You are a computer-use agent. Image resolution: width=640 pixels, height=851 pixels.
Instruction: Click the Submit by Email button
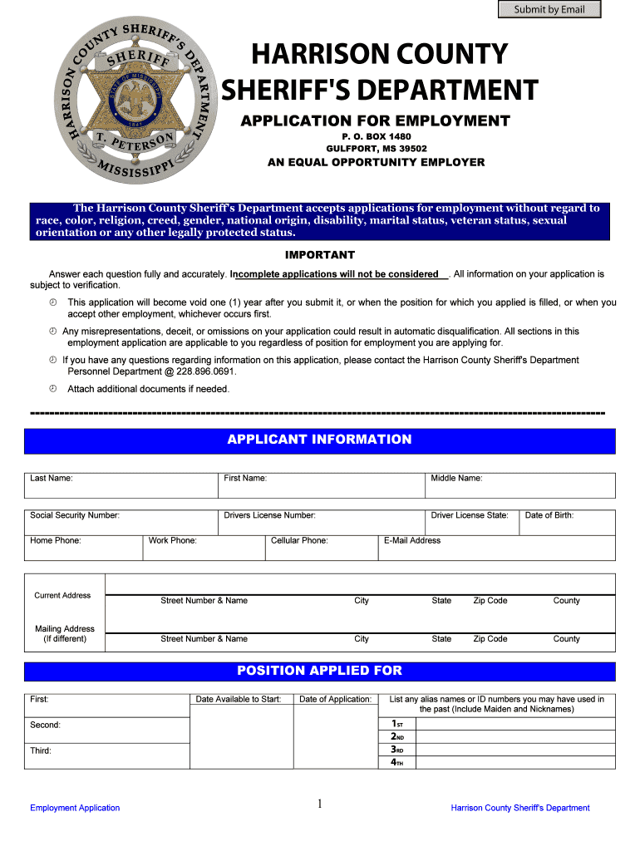[549, 10]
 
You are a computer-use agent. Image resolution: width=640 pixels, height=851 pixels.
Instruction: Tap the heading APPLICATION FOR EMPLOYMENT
[375, 121]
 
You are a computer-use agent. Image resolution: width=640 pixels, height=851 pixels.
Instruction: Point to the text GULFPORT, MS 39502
[376, 149]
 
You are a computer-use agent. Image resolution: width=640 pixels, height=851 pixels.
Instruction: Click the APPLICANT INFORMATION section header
[319, 440]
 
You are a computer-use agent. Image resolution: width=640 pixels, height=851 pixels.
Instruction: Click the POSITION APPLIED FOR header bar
[319, 671]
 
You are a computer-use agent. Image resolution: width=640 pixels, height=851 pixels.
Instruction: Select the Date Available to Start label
[239, 699]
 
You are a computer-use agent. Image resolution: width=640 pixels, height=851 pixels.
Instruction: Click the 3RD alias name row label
[397, 749]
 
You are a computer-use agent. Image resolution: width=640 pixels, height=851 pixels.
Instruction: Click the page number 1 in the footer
[320, 803]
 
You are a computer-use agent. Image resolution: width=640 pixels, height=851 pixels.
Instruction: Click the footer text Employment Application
[75, 808]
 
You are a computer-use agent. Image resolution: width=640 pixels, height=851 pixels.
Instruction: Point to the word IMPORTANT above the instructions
[320, 255]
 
